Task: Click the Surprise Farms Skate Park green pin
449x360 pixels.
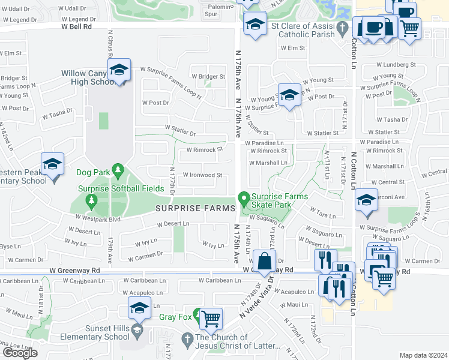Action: pos(244,197)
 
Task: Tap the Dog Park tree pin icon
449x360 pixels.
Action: pos(118,172)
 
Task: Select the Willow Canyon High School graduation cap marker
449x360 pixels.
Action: pos(119,71)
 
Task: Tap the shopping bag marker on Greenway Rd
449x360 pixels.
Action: pos(264,262)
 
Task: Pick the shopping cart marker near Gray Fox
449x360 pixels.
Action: pos(211,319)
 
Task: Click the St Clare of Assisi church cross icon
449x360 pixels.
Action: pos(342,27)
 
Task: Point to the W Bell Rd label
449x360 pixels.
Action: pos(76,27)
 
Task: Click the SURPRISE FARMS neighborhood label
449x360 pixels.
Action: pos(196,208)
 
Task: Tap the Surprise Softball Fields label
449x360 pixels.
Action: pos(121,188)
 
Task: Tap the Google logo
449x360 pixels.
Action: pos(20,353)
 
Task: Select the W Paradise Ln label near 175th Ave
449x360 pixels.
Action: pos(264,143)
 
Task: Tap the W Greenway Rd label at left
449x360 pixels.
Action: pos(75,271)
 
